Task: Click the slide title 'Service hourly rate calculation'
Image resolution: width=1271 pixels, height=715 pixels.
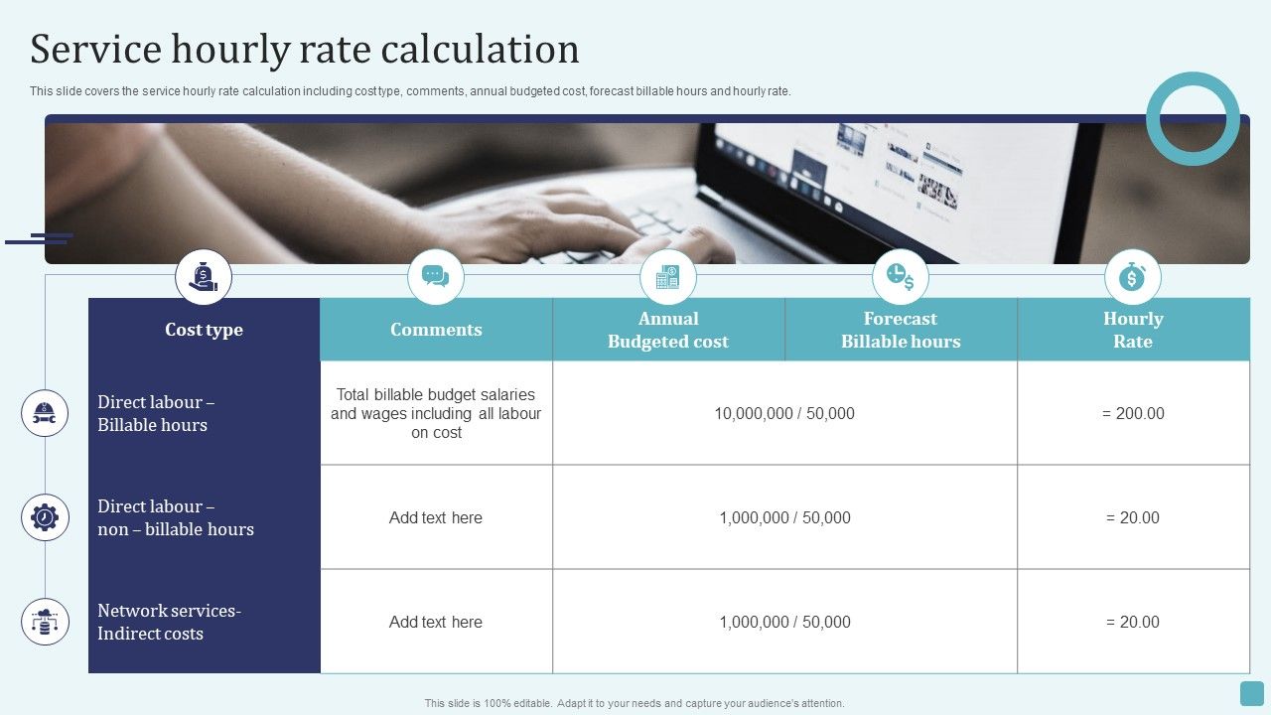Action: (305, 50)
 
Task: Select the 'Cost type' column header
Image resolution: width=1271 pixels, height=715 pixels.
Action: (204, 330)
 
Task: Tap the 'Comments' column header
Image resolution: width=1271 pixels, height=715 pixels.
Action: (436, 330)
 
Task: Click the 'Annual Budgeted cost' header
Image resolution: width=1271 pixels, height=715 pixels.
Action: (668, 330)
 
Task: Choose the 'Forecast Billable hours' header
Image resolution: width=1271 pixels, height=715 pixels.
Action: (901, 330)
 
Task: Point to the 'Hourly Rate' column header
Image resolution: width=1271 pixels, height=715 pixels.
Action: (1133, 330)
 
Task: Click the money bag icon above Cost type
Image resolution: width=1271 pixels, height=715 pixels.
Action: (204, 277)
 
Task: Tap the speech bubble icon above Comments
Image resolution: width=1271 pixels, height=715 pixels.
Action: (436, 277)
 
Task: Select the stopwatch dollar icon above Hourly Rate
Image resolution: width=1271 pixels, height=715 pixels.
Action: (1133, 277)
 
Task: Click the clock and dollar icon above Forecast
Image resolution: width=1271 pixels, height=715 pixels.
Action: (901, 277)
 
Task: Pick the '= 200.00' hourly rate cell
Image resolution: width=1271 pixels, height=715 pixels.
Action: (1133, 413)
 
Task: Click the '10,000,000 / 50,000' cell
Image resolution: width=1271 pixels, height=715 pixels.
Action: (784, 413)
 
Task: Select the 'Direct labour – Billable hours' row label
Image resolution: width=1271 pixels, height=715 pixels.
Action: (156, 413)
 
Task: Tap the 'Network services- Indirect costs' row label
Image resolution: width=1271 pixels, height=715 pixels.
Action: (169, 622)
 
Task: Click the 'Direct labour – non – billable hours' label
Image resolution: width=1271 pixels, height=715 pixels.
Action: (176, 517)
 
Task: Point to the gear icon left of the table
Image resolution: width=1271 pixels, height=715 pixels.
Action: (45, 517)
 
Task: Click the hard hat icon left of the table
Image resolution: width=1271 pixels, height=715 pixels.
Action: (45, 413)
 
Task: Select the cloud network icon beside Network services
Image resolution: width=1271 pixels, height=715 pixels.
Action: (45, 622)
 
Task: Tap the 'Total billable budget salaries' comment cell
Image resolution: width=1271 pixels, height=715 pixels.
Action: (436, 413)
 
